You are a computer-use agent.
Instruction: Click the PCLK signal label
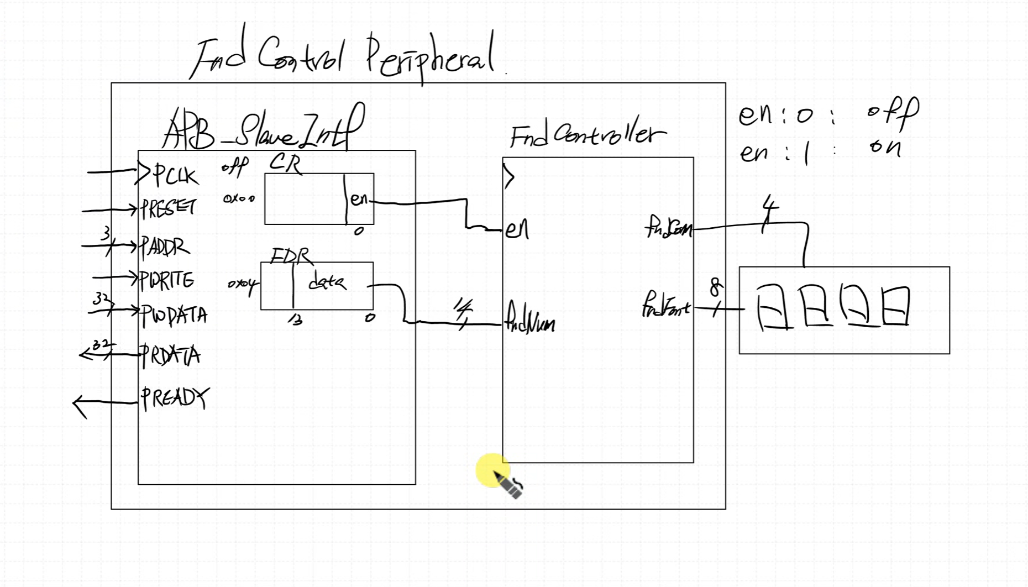175,176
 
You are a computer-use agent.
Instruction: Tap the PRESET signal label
168,209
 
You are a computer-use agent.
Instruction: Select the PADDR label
165,247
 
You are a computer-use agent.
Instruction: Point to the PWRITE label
167,280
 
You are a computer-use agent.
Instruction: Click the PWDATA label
174,316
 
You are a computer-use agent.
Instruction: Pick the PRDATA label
170,355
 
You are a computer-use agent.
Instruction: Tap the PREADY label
175,397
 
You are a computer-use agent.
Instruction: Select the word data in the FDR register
327,283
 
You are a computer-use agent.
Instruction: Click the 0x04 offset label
242,285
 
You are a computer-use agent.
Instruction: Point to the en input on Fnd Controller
517,229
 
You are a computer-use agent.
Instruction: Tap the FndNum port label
530,324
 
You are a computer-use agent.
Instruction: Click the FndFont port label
665,307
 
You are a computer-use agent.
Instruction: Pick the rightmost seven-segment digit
895,306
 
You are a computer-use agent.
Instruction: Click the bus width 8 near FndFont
716,287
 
